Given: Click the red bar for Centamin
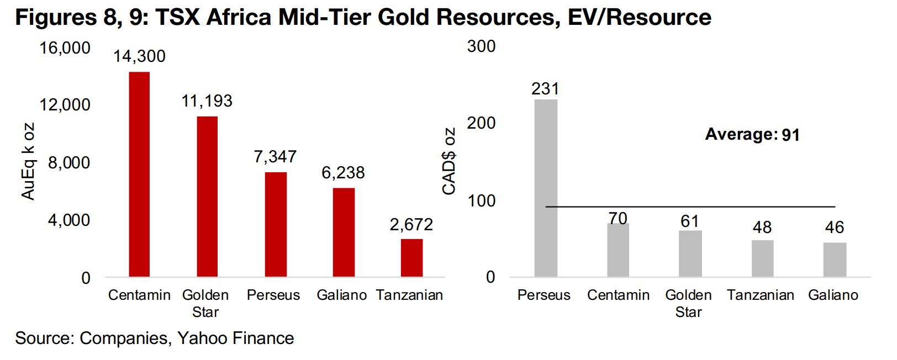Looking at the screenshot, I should coord(139,174).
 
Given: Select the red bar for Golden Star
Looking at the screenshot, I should coord(207,196).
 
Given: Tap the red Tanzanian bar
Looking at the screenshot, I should coord(411,257).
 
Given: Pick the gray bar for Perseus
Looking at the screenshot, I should coord(546,188).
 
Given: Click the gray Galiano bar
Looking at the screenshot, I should coord(835,260).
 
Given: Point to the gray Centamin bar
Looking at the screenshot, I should coord(618,250).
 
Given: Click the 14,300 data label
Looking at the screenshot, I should coord(139,56).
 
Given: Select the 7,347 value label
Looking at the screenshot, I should coord(275,157).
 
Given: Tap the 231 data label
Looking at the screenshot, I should coord(545,89).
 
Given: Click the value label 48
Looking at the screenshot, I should coord(762,227).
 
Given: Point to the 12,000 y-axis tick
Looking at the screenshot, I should coord(65,105).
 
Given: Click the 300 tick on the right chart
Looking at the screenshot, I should coord(481,46).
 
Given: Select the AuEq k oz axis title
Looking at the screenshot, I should coord(28,161).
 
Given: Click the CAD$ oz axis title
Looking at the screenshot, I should coord(449,161).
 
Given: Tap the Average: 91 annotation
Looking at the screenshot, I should coord(752,135).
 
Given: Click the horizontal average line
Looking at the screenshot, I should coord(690,207).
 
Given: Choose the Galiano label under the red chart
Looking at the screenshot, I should coord(341,295).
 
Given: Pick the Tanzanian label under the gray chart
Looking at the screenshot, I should coord(761,295).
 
